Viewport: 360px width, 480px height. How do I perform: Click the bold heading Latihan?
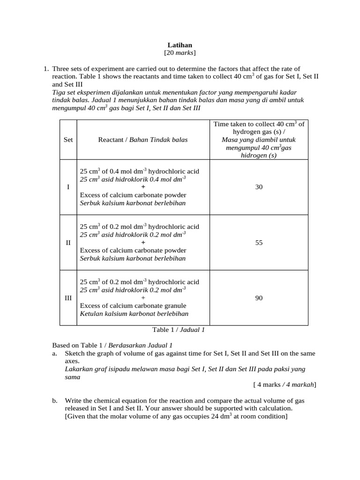click(x=180, y=45)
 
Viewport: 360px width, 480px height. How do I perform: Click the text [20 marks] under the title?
click(x=180, y=53)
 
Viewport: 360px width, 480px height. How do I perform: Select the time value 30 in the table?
click(x=259, y=187)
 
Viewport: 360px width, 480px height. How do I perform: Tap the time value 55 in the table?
click(x=259, y=243)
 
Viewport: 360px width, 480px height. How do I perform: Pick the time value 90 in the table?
click(x=259, y=298)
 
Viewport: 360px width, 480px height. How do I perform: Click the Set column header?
click(x=68, y=140)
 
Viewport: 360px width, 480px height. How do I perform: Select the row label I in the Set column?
click(x=68, y=187)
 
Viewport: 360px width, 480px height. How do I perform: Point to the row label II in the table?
click(x=68, y=243)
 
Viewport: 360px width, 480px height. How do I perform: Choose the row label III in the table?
click(x=68, y=298)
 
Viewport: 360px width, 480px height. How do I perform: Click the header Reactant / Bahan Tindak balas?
click(x=142, y=140)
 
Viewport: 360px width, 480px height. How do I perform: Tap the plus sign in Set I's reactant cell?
click(x=143, y=187)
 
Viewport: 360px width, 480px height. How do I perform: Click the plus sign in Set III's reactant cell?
click(x=143, y=298)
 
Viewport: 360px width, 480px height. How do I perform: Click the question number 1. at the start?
click(x=45, y=68)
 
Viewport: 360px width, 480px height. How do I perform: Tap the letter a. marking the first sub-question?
click(x=54, y=353)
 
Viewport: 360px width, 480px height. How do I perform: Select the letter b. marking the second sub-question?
click(x=55, y=401)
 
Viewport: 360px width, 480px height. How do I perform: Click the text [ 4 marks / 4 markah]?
click(x=285, y=385)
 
